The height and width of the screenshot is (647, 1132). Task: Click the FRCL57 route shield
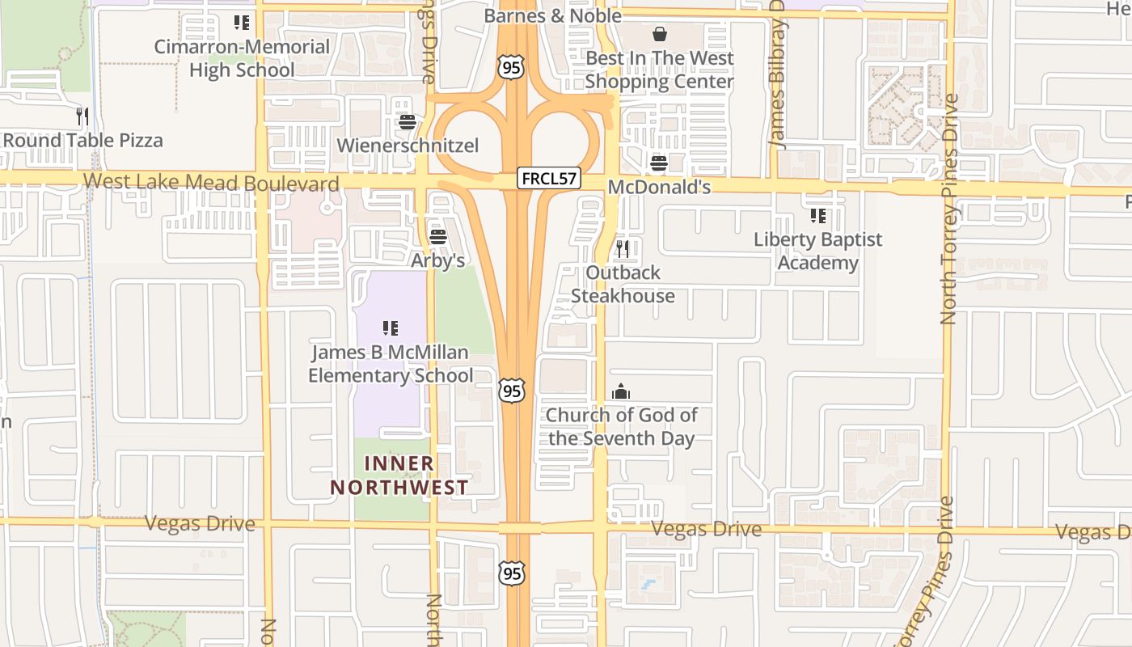pos(549,178)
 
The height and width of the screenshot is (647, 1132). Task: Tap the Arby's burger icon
pos(438,237)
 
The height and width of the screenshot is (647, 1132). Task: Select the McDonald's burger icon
pos(658,163)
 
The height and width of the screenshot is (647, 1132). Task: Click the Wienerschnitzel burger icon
pos(407,123)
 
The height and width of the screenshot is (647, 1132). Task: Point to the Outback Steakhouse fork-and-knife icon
pos(623,248)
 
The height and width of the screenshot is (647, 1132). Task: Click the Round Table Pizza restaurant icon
pos(82,116)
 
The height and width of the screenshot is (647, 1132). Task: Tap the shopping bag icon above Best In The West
pos(660,34)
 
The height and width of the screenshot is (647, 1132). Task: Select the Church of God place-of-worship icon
pos(621,392)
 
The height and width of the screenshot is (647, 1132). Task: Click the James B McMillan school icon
pos(391,328)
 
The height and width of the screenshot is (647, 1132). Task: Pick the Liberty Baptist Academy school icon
pos(818,216)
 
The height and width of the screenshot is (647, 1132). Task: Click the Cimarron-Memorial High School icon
pos(242,23)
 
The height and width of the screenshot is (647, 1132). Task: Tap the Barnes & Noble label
pos(553,15)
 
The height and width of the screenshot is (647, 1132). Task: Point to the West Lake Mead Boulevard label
pos(211,183)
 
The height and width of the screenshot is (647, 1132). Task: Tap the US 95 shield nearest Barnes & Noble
pos(511,66)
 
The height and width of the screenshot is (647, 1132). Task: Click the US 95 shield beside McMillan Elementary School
pos(511,391)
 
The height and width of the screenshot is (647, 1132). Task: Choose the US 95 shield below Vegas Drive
pos(511,573)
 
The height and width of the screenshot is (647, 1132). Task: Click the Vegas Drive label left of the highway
pos(200,524)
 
